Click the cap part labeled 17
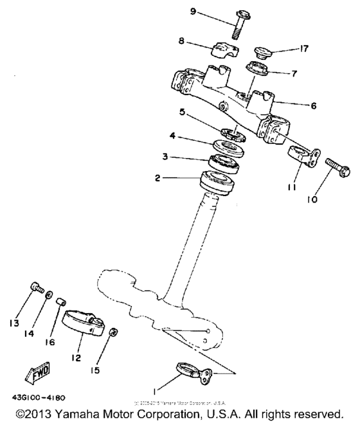click(262, 51)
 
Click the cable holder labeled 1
click(191, 372)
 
